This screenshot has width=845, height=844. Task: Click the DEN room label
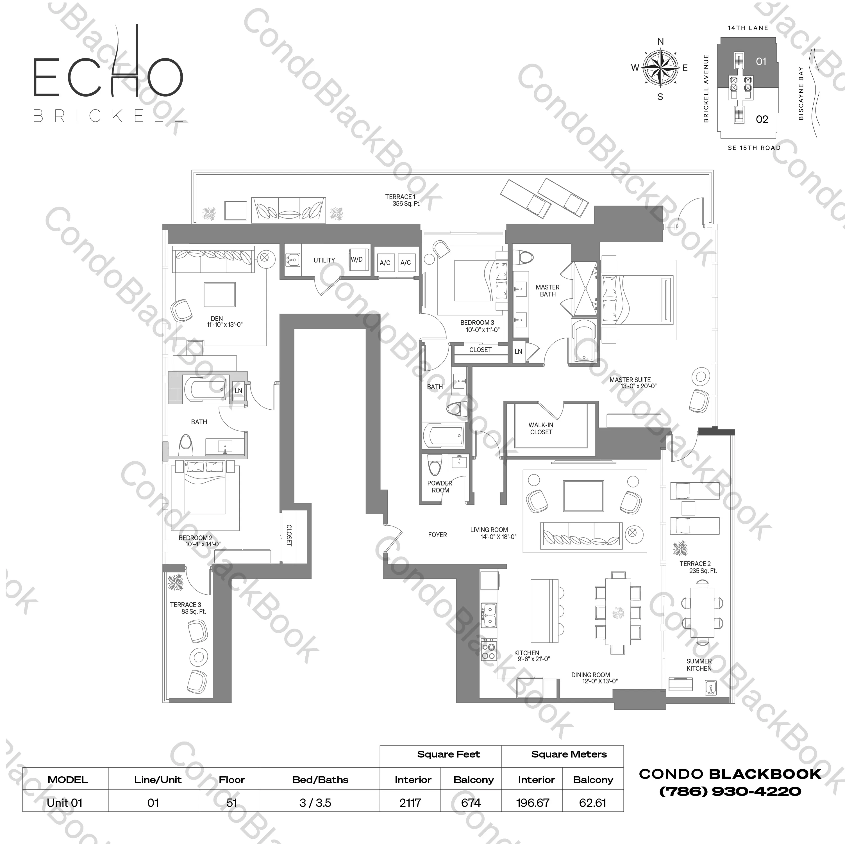point(217,319)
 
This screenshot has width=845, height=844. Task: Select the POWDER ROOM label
point(440,487)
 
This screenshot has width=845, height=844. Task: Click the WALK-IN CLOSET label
point(541,428)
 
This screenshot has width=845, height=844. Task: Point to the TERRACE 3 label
point(186,605)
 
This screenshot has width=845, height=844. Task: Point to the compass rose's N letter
point(660,42)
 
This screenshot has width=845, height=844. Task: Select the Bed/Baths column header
point(320,779)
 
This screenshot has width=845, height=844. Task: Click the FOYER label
point(437,535)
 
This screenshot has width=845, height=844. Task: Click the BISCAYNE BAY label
point(801,93)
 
